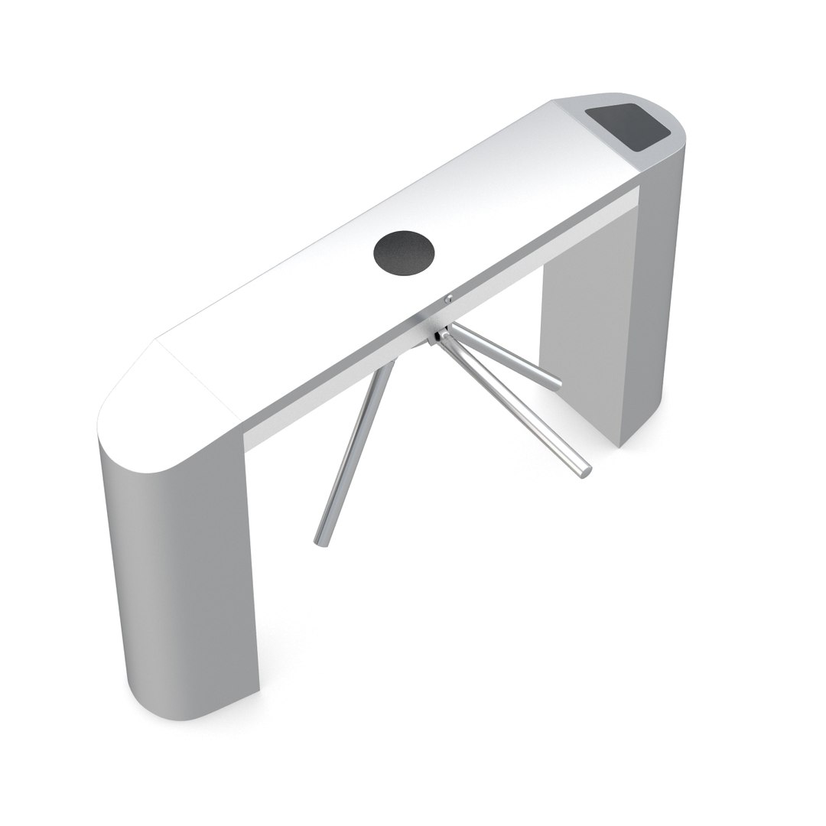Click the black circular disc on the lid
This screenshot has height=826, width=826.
[404, 252]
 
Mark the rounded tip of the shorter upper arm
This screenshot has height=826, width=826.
[557, 381]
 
